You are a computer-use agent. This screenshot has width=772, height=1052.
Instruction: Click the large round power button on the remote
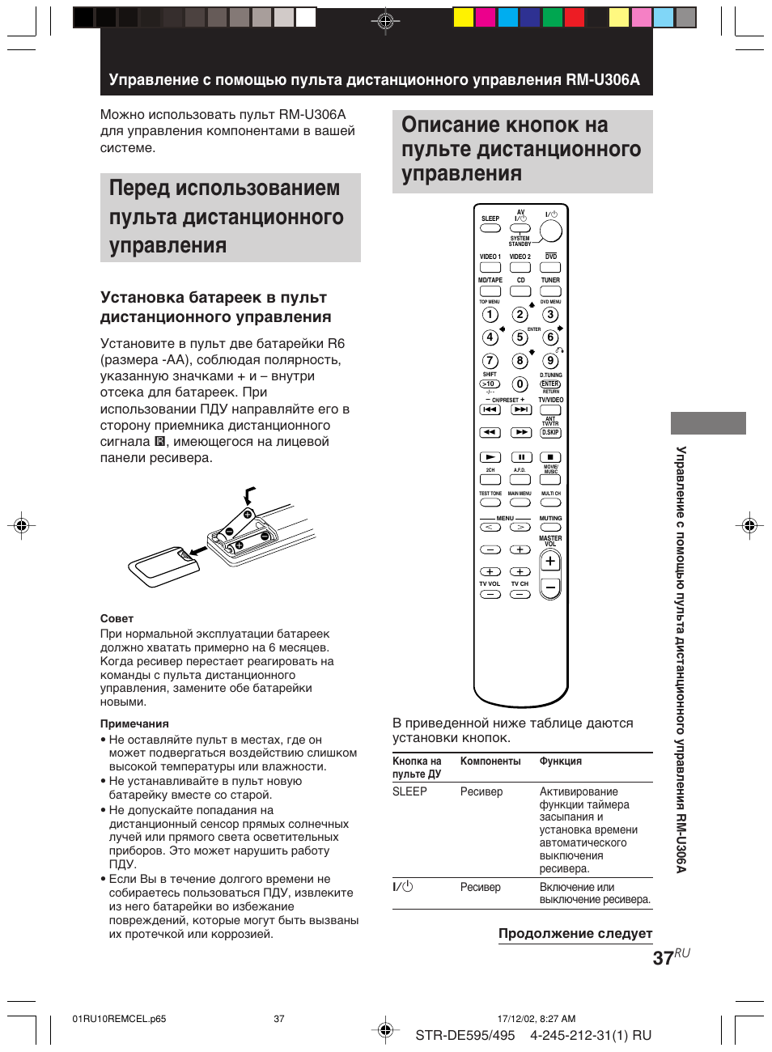(550, 231)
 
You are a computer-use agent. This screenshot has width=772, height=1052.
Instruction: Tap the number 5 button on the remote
(520, 337)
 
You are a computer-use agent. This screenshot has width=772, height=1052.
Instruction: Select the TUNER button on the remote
(550, 291)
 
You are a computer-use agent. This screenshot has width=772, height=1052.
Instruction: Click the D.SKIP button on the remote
(550, 433)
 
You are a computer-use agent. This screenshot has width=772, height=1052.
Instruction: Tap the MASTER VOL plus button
(550, 561)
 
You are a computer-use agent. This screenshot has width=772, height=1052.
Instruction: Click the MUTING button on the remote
(550, 528)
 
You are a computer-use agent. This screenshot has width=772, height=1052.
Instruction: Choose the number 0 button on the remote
(520, 384)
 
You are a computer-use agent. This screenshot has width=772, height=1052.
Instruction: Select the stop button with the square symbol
(550, 457)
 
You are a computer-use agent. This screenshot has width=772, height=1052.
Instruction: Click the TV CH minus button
(520, 595)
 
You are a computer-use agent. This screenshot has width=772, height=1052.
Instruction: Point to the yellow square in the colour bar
(463, 17)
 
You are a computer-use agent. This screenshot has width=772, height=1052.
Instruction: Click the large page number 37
(663, 958)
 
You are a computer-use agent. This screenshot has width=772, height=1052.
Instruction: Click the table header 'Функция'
(560, 761)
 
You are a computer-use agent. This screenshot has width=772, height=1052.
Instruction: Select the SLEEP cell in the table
(409, 791)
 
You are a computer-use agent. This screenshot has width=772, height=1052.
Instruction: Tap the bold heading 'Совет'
(117, 618)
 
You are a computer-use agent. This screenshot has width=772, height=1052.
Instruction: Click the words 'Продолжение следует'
(575, 933)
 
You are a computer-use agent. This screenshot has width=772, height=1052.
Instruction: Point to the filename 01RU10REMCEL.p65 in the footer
(119, 1019)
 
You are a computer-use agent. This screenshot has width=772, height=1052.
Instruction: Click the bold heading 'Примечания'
(134, 723)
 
